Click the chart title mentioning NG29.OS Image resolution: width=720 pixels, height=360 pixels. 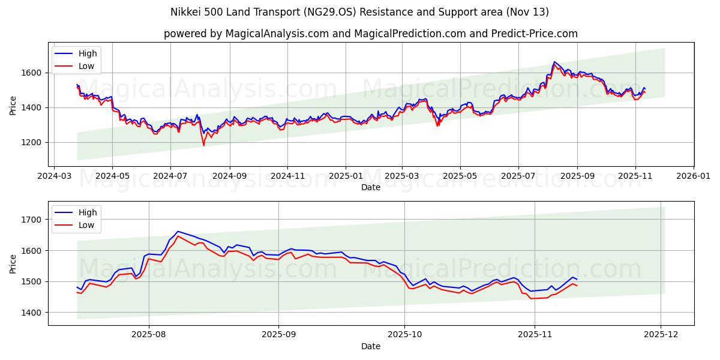click(x=360, y=12)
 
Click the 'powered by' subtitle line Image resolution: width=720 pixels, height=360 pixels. click(x=370, y=34)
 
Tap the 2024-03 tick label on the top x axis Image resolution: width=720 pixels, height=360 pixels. click(x=55, y=176)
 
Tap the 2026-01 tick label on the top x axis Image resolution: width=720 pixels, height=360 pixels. click(x=694, y=176)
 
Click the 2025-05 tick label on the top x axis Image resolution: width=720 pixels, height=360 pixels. click(x=460, y=176)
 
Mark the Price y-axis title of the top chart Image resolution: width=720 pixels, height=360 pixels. click(x=13, y=104)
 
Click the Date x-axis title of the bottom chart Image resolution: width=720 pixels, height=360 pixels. click(x=370, y=346)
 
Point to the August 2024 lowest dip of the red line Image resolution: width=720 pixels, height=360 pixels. click(x=203, y=145)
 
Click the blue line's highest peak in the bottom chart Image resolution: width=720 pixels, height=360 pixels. click(x=177, y=231)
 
